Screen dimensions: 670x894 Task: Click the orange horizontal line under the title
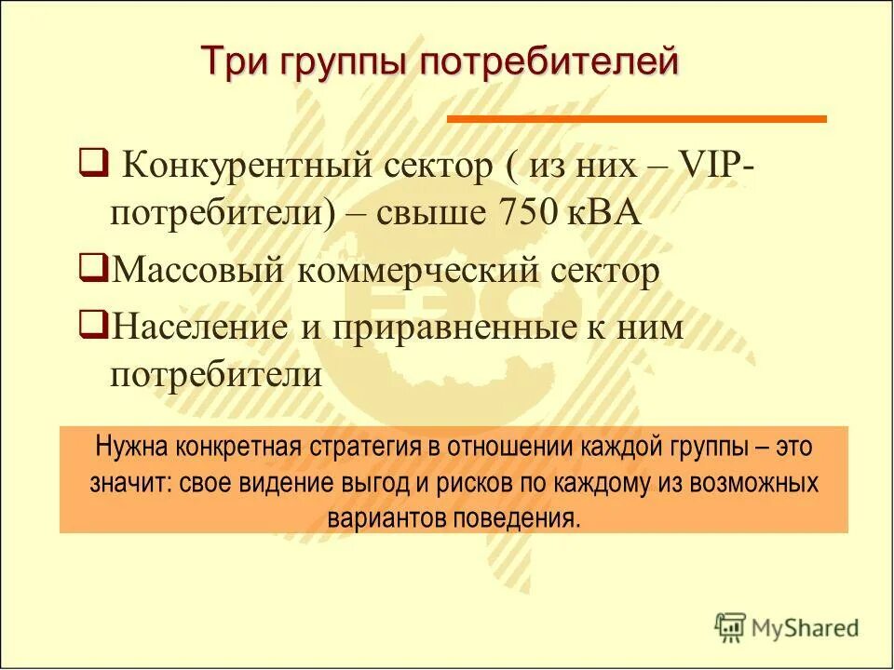pyautogui.click(x=637, y=119)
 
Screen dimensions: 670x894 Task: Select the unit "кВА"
pyautogui.click(x=605, y=212)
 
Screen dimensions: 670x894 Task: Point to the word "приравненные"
pyautogui.click(x=424, y=328)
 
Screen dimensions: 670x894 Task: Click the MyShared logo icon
pyautogui.click(x=730, y=626)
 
